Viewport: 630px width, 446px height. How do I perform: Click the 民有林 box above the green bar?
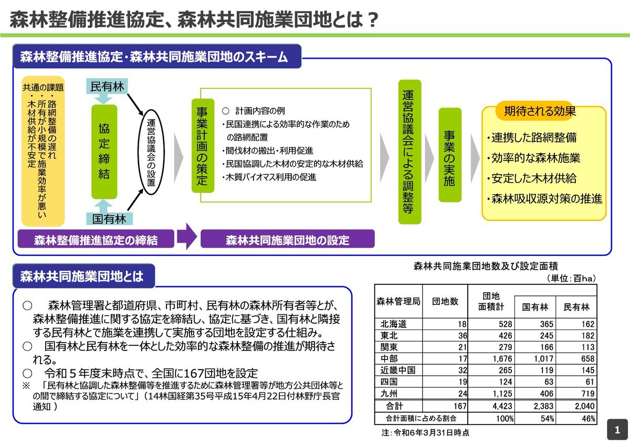tap(107, 86)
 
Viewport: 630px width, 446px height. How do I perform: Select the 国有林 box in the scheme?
tap(109, 219)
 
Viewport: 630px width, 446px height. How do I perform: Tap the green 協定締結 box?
tap(104, 152)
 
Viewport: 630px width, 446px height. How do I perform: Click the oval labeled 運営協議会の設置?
tap(151, 152)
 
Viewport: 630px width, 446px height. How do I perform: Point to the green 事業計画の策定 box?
tap(203, 145)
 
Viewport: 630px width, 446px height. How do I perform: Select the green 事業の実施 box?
tap(450, 155)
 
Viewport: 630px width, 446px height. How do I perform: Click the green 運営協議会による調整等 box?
tap(410, 152)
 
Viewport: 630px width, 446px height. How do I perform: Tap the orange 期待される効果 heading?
tap(540, 111)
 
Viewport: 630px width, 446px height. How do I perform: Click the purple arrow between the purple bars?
tap(187, 237)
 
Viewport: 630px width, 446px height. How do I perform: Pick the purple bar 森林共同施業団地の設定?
tap(288, 239)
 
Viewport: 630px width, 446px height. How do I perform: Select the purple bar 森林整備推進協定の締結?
tap(96, 239)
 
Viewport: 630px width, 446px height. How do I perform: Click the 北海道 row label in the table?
tap(393, 324)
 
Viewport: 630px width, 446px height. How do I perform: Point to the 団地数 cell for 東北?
tap(463, 336)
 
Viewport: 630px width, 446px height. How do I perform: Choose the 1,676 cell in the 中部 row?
tap(502, 358)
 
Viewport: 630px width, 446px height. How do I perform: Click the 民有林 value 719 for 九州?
tap(587, 394)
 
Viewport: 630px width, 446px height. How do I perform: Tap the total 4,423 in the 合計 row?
tap(502, 406)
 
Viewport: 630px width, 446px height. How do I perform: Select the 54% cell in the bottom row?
tap(547, 419)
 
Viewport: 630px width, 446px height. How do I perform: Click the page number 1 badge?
tap(617, 430)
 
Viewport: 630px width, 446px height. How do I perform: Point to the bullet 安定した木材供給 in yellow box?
tap(532, 178)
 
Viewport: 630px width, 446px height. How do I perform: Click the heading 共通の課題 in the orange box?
tap(43, 88)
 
